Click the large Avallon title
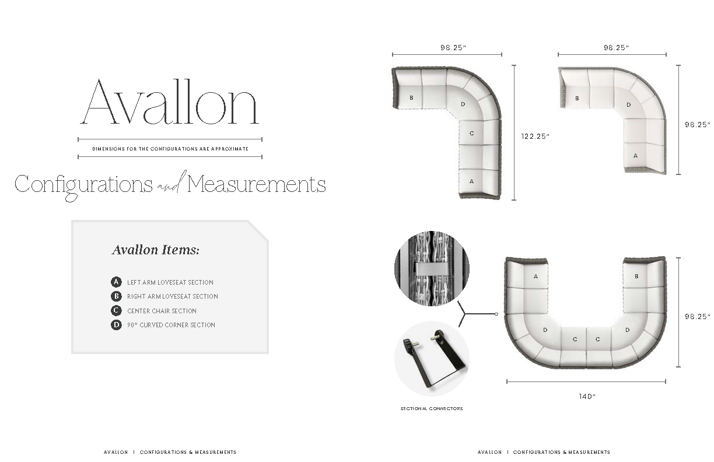(169, 101)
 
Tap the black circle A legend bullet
(116, 282)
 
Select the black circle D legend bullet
(116, 324)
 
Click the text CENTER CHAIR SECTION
(162, 311)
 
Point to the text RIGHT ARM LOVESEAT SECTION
(173, 296)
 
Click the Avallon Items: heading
(156, 250)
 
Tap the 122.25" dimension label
(535, 136)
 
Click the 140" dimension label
(587, 396)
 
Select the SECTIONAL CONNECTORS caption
(432, 408)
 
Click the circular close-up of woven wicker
(432, 268)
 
